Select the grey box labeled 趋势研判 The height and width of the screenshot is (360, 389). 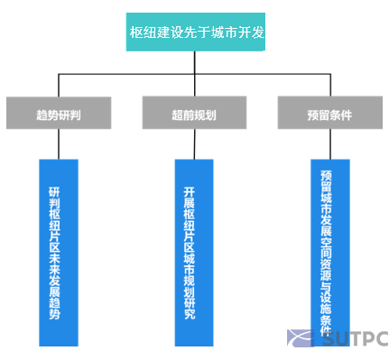click(59, 115)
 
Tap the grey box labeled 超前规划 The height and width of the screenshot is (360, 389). click(193, 115)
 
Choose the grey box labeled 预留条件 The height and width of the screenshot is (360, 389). click(329, 115)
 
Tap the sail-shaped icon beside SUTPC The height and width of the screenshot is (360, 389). click(300, 339)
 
